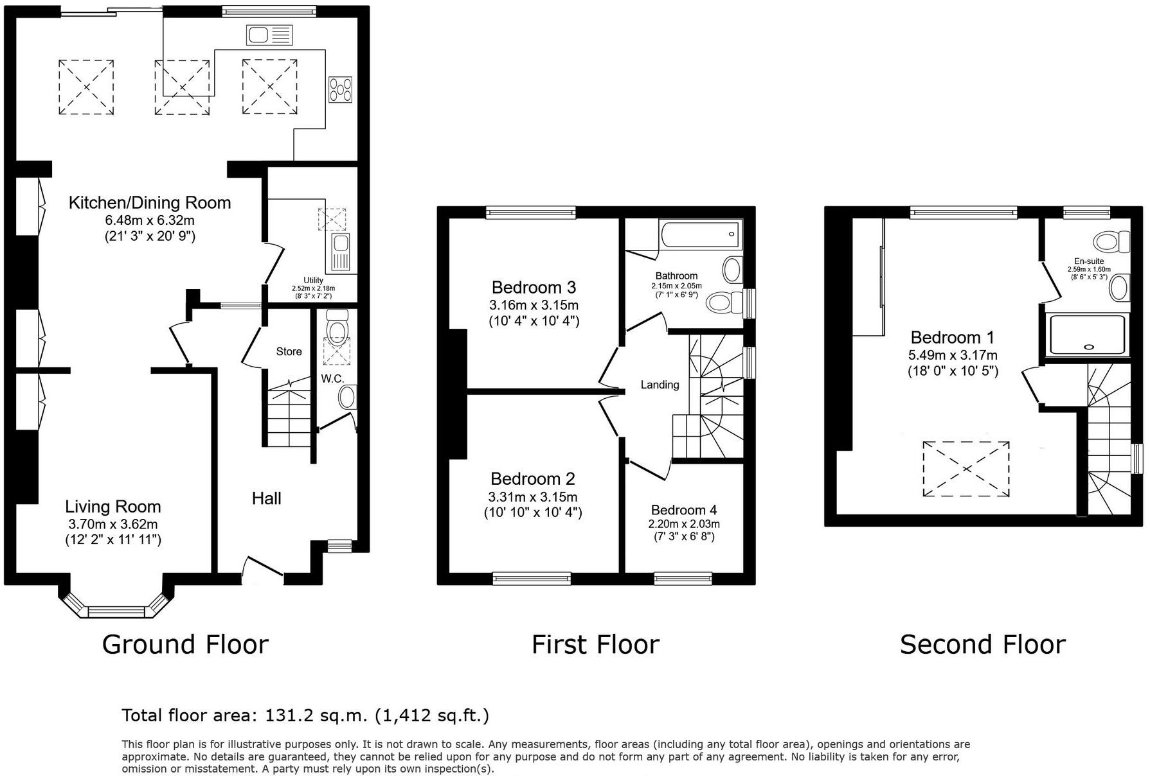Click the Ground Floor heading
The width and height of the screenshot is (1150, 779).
(x=185, y=644)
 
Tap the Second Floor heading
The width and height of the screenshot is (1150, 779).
(x=982, y=644)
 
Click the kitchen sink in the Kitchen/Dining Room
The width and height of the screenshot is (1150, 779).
(x=269, y=35)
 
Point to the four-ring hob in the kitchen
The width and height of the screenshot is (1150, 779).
(x=340, y=89)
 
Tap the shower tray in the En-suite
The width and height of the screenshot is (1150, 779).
(x=1088, y=335)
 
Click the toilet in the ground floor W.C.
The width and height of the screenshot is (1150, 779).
(x=336, y=326)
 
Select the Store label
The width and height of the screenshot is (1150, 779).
(x=289, y=351)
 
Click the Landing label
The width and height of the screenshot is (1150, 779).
(x=660, y=385)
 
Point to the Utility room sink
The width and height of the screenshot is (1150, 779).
(x=339, y=252)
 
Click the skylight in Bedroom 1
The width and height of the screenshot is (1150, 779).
(x=966, y=469)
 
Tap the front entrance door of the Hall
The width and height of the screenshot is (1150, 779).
(x=263, y=571)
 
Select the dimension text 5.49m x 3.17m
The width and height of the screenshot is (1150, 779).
(x=953, y=355)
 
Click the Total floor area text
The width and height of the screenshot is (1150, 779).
(x=305, y=715)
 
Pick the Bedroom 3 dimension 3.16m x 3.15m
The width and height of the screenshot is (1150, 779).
(x=534, y=304)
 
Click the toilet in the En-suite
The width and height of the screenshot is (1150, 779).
(x=1112, y=242)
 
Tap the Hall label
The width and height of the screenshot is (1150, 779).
(x=266, y=498)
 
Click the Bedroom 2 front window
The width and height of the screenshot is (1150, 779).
(x=532, y=579)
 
